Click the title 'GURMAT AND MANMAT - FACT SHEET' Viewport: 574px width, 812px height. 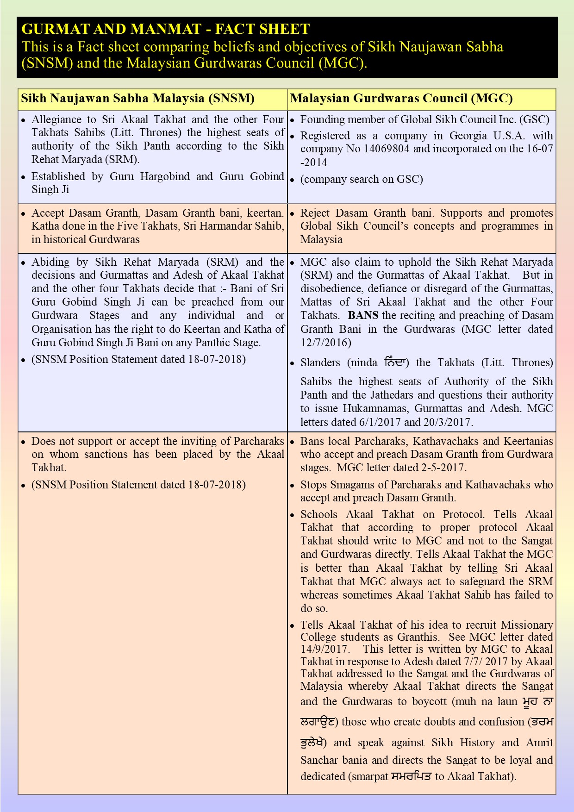coord(165,29)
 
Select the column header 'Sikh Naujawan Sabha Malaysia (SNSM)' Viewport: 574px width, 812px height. coord(138,99)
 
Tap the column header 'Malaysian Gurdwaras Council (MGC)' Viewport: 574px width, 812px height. coord(401,99)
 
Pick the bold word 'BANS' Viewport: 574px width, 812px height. coord(363,316)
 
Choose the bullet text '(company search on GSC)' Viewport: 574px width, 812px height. coord(362,180)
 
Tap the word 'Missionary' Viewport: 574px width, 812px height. coord(527,625)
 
